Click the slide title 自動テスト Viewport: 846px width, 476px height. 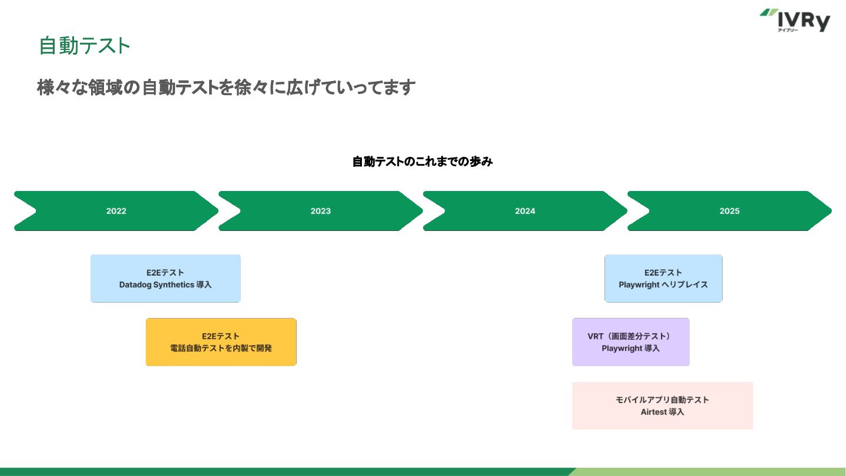[85, 46]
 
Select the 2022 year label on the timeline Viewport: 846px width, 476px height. [116, 211]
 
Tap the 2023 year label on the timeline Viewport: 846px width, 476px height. [320, 211]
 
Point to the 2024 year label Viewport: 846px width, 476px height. [525, 211]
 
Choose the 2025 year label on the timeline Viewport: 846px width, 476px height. [729, 211]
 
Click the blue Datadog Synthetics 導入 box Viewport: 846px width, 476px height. [166, 279]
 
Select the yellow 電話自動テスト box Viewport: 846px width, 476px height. [221, 342]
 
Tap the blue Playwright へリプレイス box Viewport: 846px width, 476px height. [663, 279]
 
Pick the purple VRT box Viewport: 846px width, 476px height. [631, 342]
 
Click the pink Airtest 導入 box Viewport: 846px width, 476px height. [663, 405]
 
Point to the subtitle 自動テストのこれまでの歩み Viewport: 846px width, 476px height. [422, 162]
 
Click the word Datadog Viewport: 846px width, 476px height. [135, 285]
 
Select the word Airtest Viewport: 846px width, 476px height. [654, 412]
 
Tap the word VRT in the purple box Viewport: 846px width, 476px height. [595, 336]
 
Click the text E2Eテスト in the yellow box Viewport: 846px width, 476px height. [220, 336]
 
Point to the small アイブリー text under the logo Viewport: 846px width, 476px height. [788, 30]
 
